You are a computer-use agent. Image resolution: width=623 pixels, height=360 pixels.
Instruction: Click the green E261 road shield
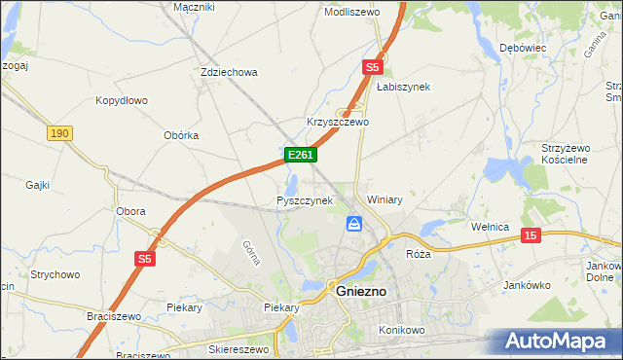(x=299, y=155)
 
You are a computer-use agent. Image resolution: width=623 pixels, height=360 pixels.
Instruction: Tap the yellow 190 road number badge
(x=57, y=131)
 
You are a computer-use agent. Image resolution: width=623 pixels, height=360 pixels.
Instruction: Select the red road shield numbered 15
(x=531, y=235)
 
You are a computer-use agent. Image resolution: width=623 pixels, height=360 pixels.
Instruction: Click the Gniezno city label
(x=362, y=290)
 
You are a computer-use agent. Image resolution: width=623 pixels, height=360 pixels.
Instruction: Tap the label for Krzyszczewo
(x=338, y=123)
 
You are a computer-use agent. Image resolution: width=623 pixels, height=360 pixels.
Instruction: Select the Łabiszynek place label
(x=403, y=87)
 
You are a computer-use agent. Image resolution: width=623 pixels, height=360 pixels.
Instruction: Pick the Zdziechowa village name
(x=228, y=72)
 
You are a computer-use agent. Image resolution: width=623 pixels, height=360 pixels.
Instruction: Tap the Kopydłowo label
(x=121, y=100)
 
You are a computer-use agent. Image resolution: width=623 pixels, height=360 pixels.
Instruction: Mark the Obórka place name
(x=181, y=135)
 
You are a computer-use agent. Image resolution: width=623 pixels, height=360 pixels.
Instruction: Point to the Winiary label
(x=385, y=199)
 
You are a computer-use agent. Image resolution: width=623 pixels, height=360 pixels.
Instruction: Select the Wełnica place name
(x=491, y=227)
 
